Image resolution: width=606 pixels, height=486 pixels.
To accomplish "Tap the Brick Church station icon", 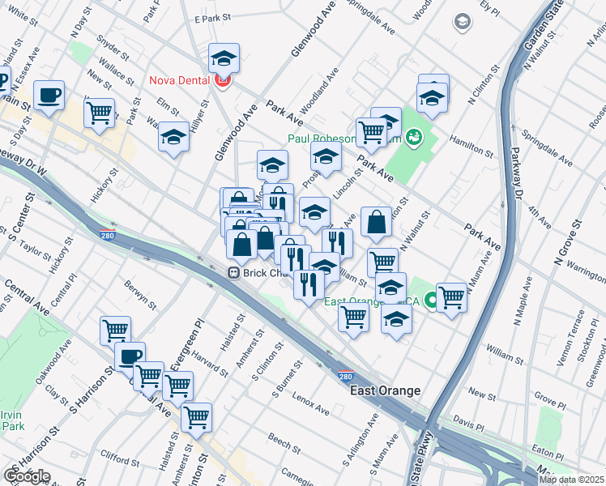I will (x=233, y=273).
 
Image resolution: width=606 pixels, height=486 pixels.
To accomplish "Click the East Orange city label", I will (x=385, y=390).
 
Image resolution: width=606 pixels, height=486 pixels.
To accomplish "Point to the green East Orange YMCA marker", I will (x=432, y=301).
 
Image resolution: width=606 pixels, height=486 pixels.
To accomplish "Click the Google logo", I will (x=26, y=476).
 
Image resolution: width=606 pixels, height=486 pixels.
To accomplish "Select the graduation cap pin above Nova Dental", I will (x=224, y=58).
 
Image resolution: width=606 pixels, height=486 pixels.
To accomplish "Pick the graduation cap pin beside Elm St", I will (x=173, y=137).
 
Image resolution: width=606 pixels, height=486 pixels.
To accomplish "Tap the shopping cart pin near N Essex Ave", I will (x=99, y=113).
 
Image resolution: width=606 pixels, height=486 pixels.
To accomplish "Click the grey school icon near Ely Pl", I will (x=463, y=21).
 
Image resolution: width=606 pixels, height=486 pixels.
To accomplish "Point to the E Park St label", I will (x=213, y=17).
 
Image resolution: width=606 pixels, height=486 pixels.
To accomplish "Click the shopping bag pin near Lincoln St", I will (x=377, y=222).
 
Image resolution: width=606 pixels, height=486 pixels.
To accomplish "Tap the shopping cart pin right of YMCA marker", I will (x=451, y=297).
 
